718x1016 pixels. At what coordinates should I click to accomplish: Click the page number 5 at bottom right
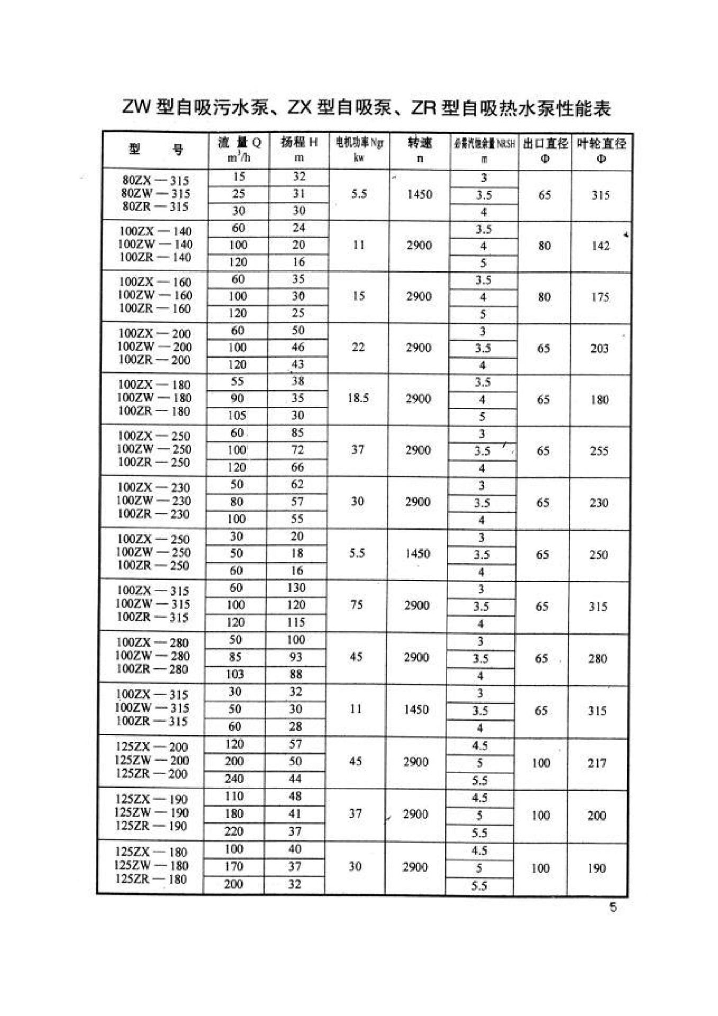(x=613, y=907)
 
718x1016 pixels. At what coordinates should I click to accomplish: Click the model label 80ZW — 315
(x=155, y=194)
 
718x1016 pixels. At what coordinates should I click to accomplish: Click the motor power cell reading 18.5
(x=358, y=398)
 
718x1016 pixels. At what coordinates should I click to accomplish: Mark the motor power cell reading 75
(x=357, y=604)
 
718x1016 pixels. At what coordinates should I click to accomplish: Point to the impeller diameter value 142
(x=601, y=246)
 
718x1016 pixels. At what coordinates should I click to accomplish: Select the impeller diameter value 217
(x=597, y=763)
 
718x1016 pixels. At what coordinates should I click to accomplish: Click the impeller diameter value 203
(x=599, y=348)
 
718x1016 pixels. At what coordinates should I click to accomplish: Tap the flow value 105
(x=237, y=416)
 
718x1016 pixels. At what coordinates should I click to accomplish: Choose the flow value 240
(x=234, y=779)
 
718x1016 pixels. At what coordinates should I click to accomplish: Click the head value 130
(x=296, y=588)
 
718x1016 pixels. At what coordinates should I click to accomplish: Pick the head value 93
(x=296, y=657)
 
